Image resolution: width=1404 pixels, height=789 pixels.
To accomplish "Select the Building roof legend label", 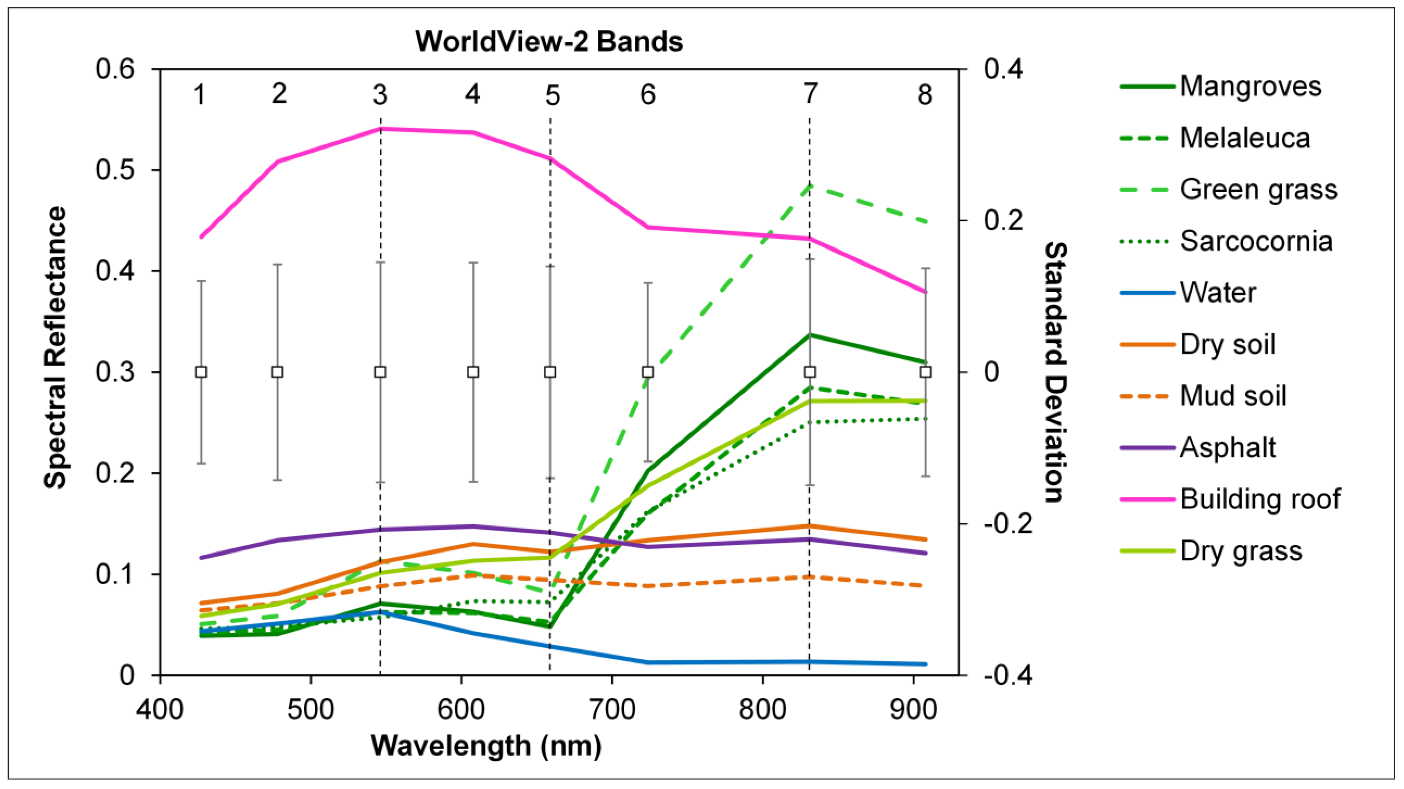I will (1259, 499).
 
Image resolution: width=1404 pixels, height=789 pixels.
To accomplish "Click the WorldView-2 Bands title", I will (549, 42).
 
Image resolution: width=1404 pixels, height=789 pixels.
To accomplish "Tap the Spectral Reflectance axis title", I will (55, 347).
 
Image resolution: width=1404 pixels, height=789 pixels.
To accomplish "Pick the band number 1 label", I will (200, 95).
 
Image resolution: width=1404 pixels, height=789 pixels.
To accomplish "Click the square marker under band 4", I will (473, 372).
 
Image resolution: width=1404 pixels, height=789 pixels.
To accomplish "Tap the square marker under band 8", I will (925, 372).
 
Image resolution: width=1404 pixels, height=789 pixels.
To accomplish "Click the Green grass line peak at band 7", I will (809, 186).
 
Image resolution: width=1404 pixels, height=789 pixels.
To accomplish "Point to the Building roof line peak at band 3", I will (380, 129).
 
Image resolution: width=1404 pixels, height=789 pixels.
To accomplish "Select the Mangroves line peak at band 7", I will (810, 334).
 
